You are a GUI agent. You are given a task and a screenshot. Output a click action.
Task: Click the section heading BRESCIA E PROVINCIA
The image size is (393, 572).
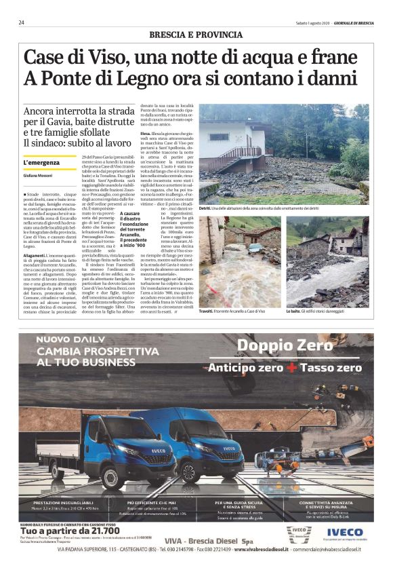pos(195,35)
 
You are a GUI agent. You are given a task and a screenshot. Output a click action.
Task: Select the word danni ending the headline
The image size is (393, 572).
pos(333,79)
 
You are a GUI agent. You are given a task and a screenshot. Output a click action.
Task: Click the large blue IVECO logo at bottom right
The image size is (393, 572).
pos(344,533)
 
